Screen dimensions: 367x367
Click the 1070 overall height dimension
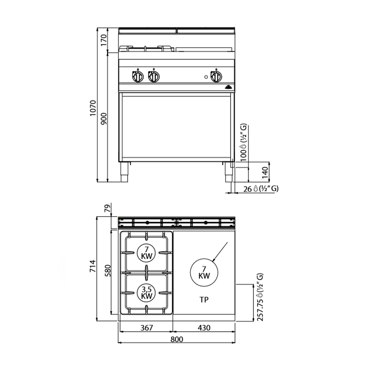93,108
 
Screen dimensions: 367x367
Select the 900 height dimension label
103,119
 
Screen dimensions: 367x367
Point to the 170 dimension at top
104,40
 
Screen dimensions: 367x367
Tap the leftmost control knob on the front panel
138,76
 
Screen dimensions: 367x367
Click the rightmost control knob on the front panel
216,76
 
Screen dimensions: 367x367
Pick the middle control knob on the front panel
154,76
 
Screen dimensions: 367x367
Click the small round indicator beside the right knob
206,77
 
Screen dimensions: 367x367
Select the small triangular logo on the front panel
228,87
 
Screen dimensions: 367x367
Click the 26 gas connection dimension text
247,189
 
